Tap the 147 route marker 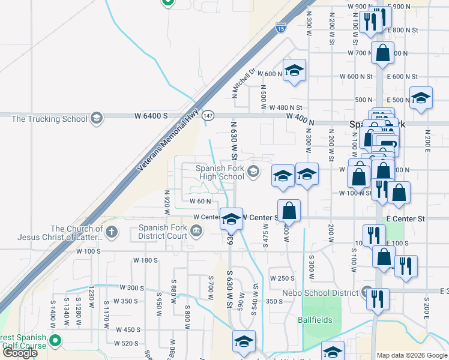(x=208, y=115)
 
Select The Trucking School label (x=49, y=119)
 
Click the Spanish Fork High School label (x=220, y=173)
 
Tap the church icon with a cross (x=110, y=231)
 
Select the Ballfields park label (x=315, y=320)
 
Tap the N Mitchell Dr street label (x=244, y=83)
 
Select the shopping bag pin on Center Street (x=289, y=211)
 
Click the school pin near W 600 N (x=294, y=70)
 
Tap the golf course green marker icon (x=55, y=341)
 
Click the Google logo (x=20, y=353)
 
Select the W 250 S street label (x=282, y=278)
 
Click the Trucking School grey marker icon (x=97, y=118)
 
